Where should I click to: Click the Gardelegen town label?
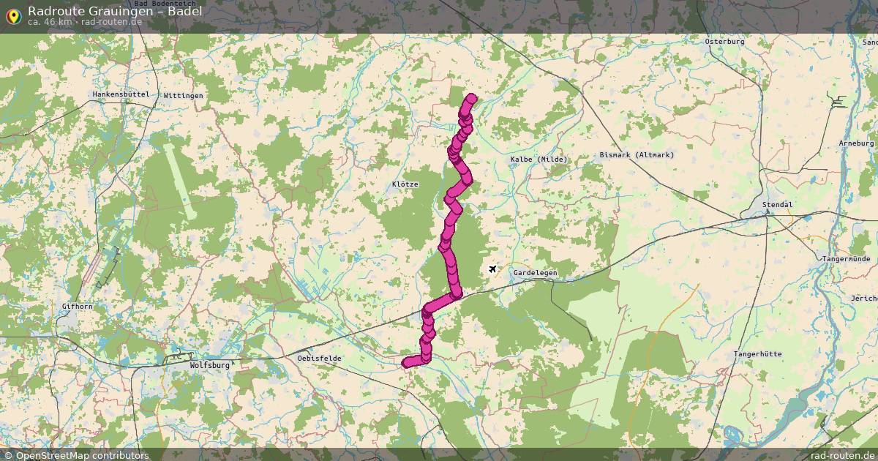(x=535, y=273)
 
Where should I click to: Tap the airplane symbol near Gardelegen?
(x=492, y=270)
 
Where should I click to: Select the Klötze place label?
(x=405, y=184)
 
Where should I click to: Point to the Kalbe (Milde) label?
(x=539, y=160)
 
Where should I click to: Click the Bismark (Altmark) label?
(x=637, y=155)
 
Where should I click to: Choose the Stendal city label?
(x=777, y=205)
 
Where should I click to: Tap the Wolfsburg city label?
(x=209, y=364)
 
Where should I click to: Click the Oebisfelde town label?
(x=320, y=358)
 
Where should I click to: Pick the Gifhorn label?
(x=77, y=307)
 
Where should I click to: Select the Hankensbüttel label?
(x=121, y=95)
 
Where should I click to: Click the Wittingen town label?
(x=184, y=96)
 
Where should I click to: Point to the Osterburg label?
(x=724, y=42)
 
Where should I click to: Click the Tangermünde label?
(x=846, y=259)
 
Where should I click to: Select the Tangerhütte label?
(x=757, y=354)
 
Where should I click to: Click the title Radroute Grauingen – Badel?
(x=115, y=11)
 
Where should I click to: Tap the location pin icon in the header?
(x=12, y=14)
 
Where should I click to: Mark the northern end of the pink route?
(x=471, y=99)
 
